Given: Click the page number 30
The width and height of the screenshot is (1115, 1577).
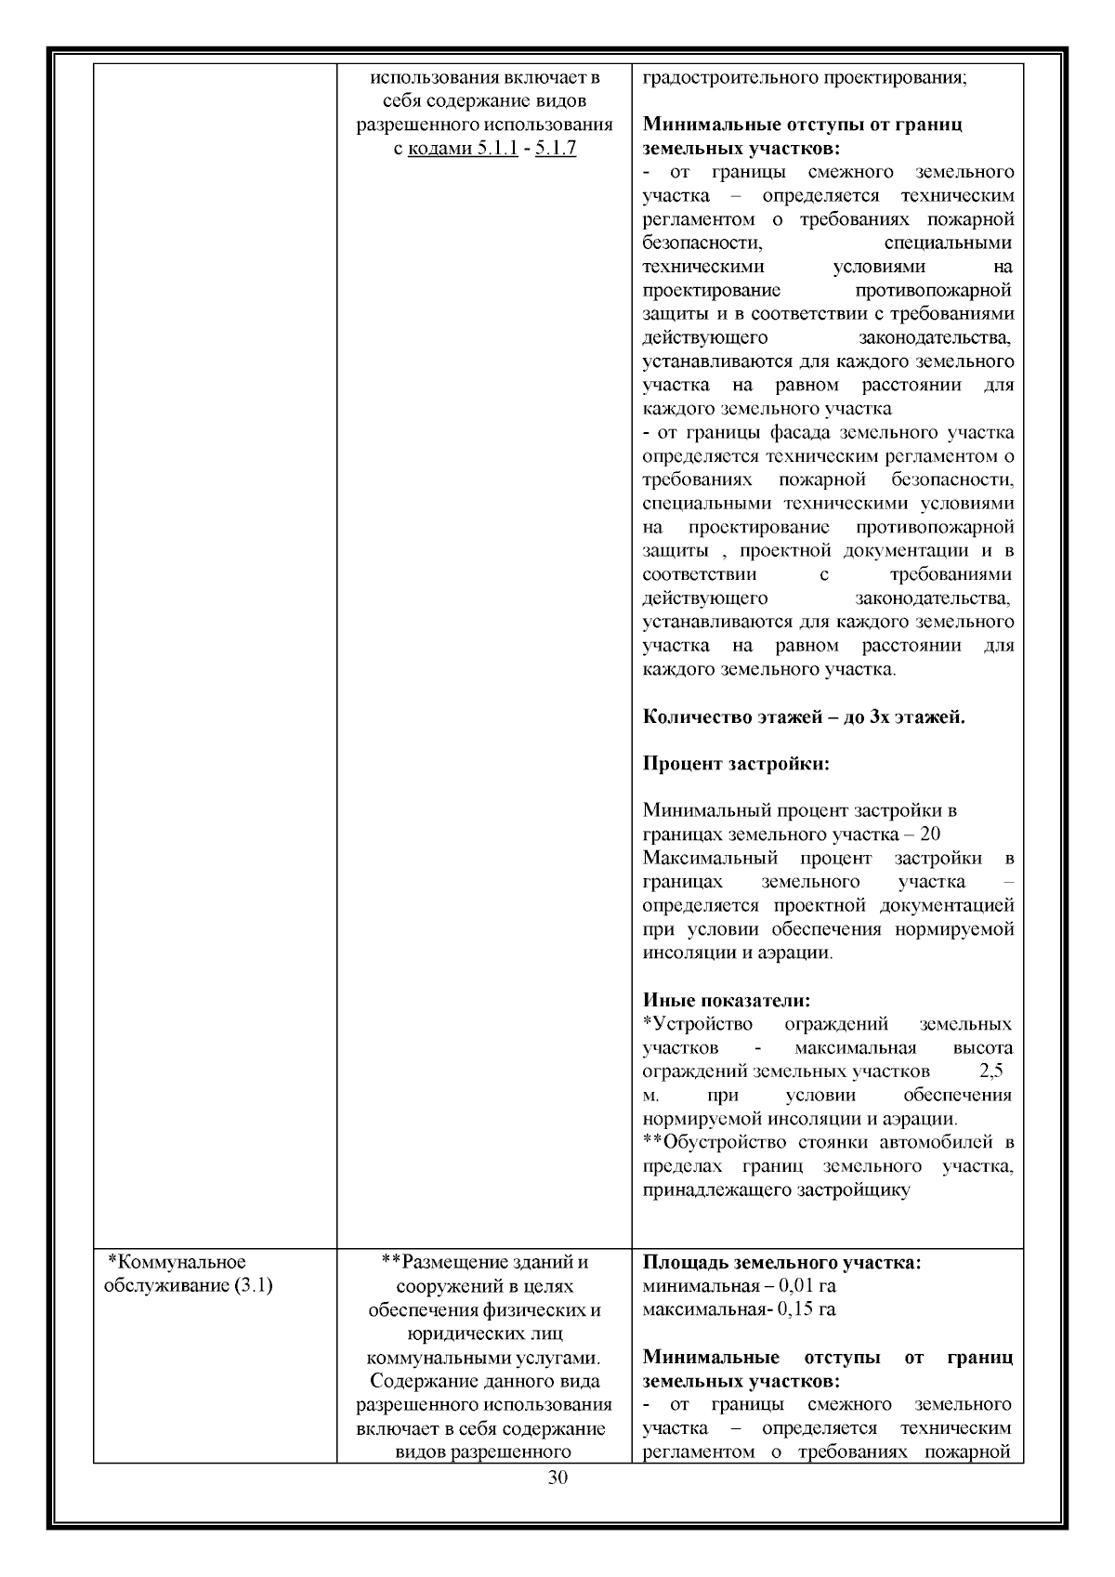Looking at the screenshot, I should [x=557, y=1478].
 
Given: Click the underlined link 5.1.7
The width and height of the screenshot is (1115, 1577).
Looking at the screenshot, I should [x=556, y=149].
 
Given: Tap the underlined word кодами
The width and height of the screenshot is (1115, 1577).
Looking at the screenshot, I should [x=440, y=149].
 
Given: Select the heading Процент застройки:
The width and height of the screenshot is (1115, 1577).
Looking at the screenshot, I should [x=736, y=764].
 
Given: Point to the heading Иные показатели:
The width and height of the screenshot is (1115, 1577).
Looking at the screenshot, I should [x=727, y=1000].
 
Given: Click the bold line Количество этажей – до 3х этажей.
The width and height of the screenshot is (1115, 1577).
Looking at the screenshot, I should [x=804, y=716].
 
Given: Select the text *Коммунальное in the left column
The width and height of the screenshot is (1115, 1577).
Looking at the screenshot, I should [x=177, y=1262].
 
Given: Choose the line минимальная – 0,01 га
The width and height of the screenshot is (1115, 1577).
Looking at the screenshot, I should [x=739, y=1286].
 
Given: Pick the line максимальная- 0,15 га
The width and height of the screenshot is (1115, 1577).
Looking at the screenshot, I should [x=739, y=1309].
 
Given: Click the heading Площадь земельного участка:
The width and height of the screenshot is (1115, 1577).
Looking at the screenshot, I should [x=781, y=1263].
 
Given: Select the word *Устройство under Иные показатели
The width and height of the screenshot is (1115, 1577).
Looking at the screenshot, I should [x=698, y=1024].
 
